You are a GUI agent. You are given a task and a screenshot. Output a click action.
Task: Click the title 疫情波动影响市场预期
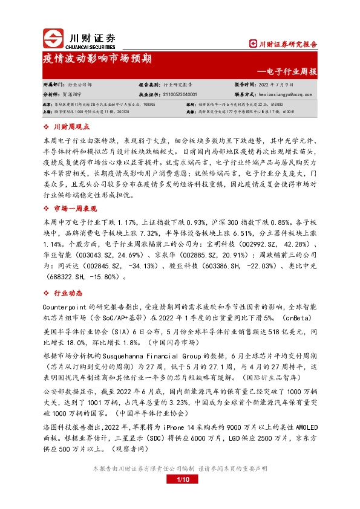point(97,59)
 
